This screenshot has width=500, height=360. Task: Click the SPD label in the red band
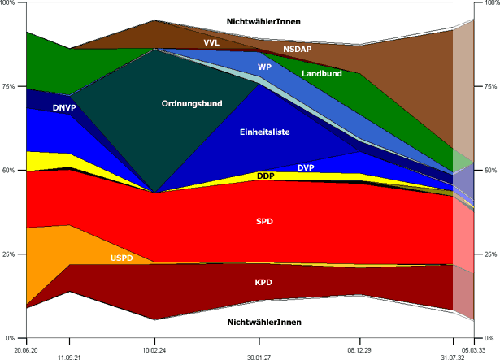[x=265, y=221]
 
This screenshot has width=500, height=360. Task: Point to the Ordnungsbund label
[x=192, y=103]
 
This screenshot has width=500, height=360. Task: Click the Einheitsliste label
[x=265, y=132]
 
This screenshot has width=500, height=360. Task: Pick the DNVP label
[x=65, y=106]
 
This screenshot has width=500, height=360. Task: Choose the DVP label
[x=306, y=167]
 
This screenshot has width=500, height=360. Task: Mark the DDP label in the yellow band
[x=265, y=176]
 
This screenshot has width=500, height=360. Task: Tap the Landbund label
[x=322, y=74]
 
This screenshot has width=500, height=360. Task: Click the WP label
[x=265, y=67]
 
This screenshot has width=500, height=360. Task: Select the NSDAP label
[x=298, y=50]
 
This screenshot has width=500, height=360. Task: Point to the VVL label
[x=211, y=41]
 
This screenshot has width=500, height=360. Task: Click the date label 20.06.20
[x=27, y=349]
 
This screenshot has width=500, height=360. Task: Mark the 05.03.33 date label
[x=473, y=349]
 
